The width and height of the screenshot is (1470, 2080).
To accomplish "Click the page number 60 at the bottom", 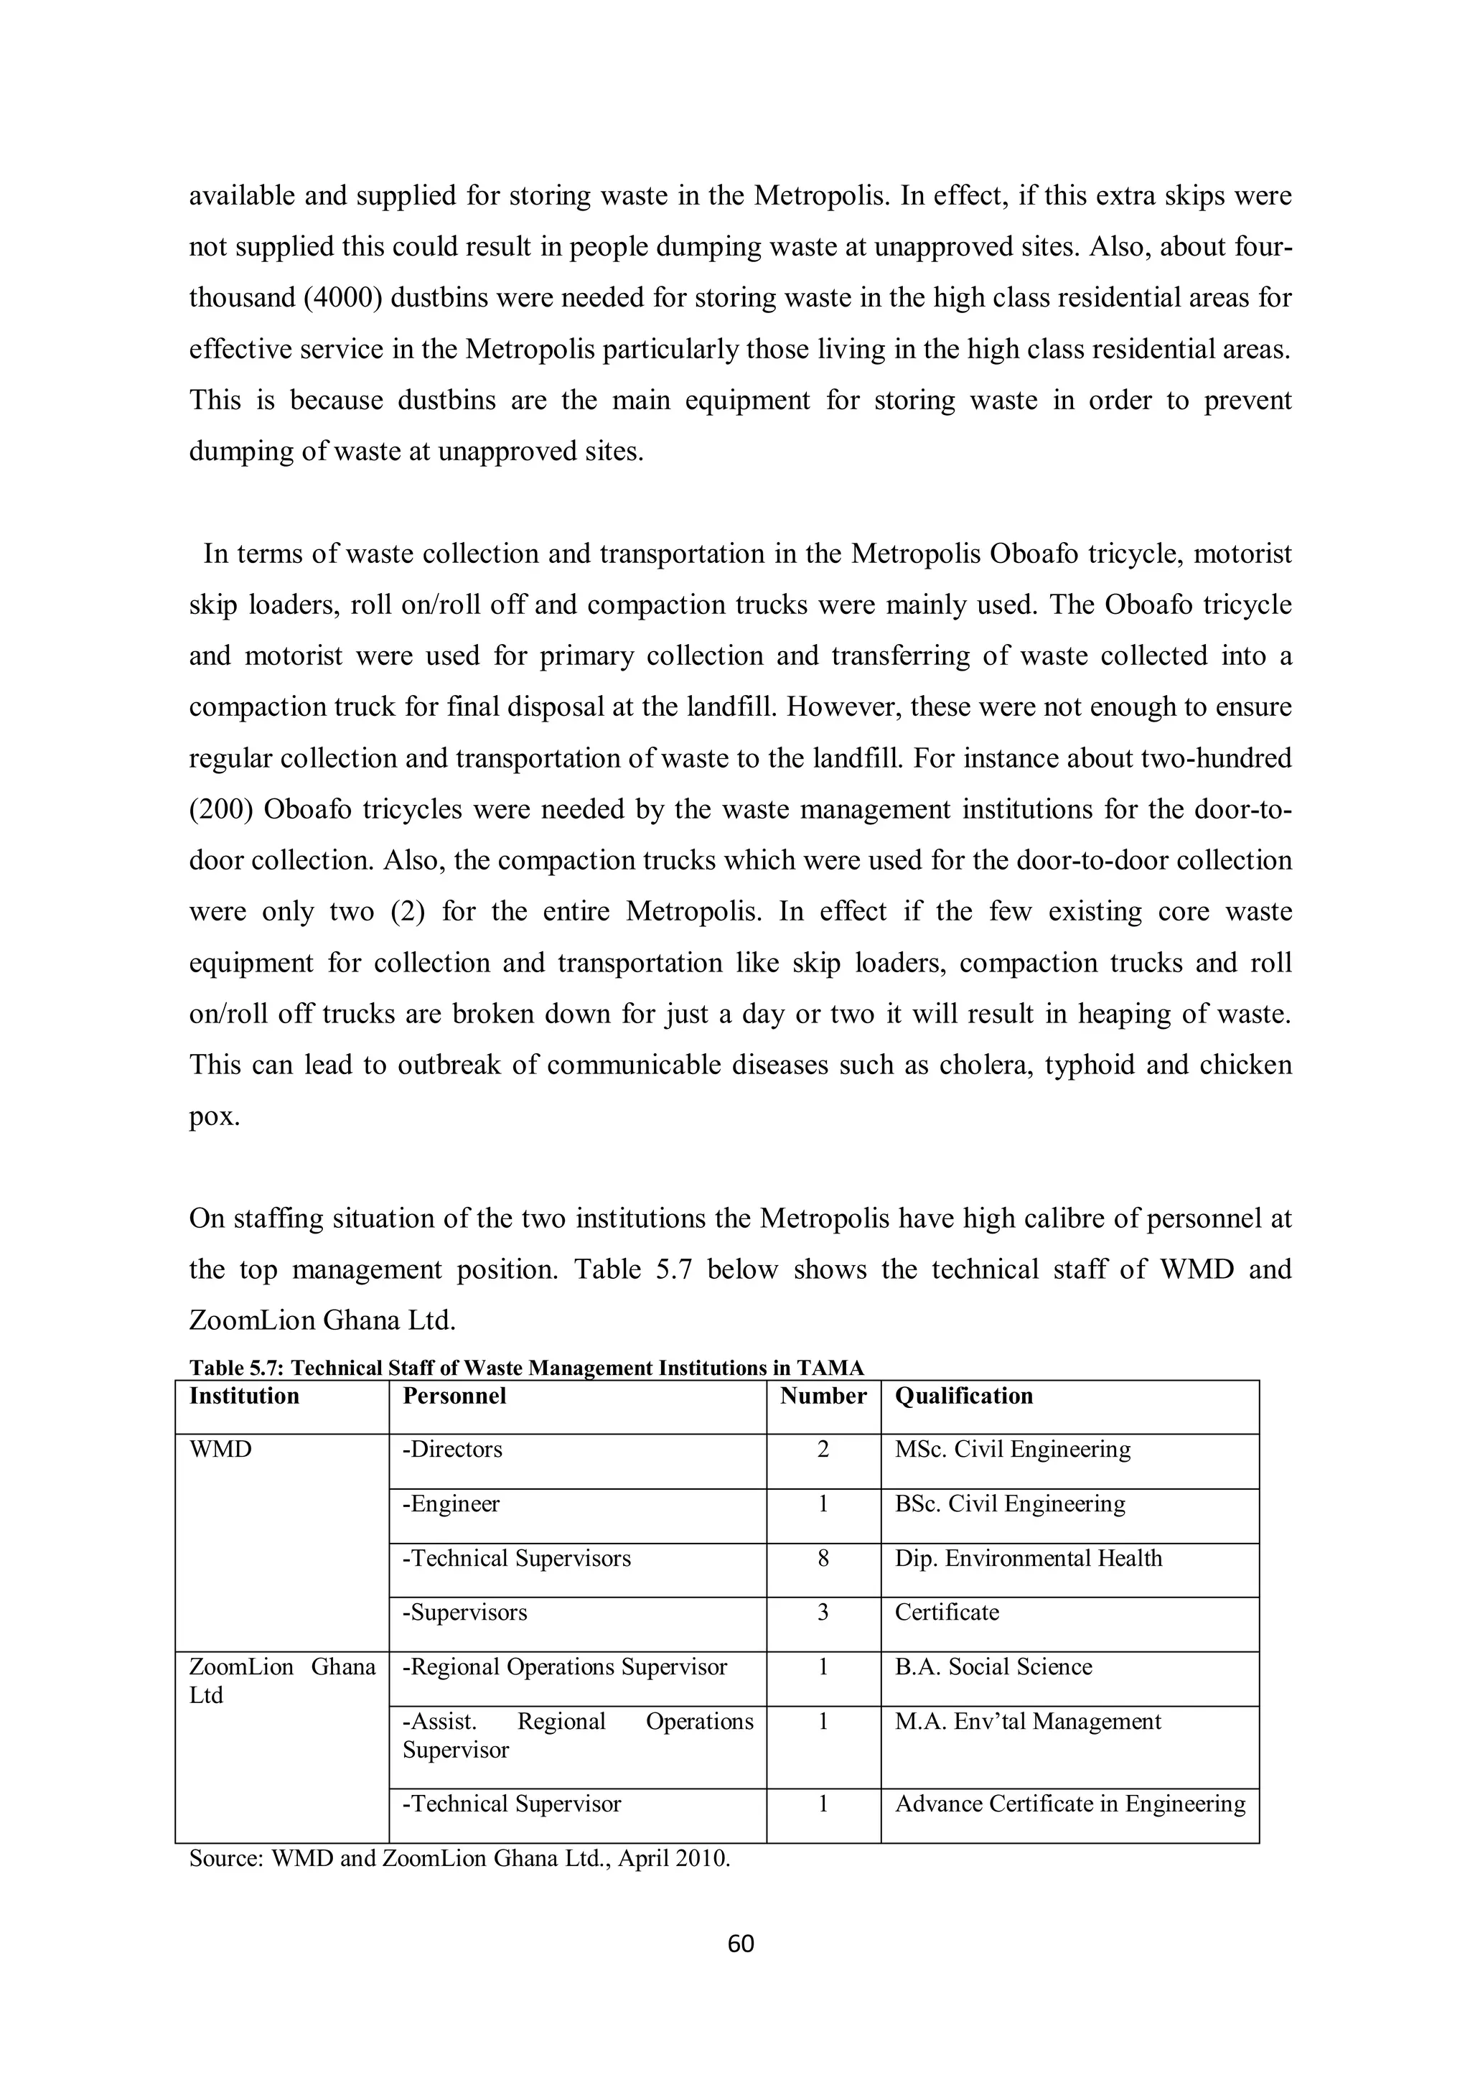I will pos(740,1943).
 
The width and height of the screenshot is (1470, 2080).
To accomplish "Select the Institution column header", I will pos(243,1396).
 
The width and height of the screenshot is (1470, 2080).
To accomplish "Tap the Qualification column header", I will pos(964,1396).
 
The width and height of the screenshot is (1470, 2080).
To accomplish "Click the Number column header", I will pos(823,1396).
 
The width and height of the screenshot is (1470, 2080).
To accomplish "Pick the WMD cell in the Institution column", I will pos(220,1450).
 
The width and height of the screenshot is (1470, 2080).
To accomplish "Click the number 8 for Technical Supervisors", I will pos(823,1558).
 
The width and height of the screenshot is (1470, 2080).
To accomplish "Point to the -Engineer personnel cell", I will pos(451,1504).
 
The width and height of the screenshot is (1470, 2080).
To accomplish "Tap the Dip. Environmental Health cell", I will pos(1028,1558).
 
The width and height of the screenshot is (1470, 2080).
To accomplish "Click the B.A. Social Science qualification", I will pos(993,1667).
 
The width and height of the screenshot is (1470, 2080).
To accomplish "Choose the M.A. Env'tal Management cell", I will pos(1027,1721).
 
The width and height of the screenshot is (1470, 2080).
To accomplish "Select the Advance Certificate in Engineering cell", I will pos(1069,1804).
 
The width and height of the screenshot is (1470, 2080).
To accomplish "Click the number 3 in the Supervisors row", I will pos(823,1613).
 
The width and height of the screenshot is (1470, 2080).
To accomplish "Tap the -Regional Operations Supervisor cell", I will pos(564,1667).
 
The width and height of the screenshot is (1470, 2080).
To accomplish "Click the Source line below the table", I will pos(459,1859).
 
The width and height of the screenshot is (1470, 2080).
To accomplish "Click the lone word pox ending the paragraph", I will pos(214,1116).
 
